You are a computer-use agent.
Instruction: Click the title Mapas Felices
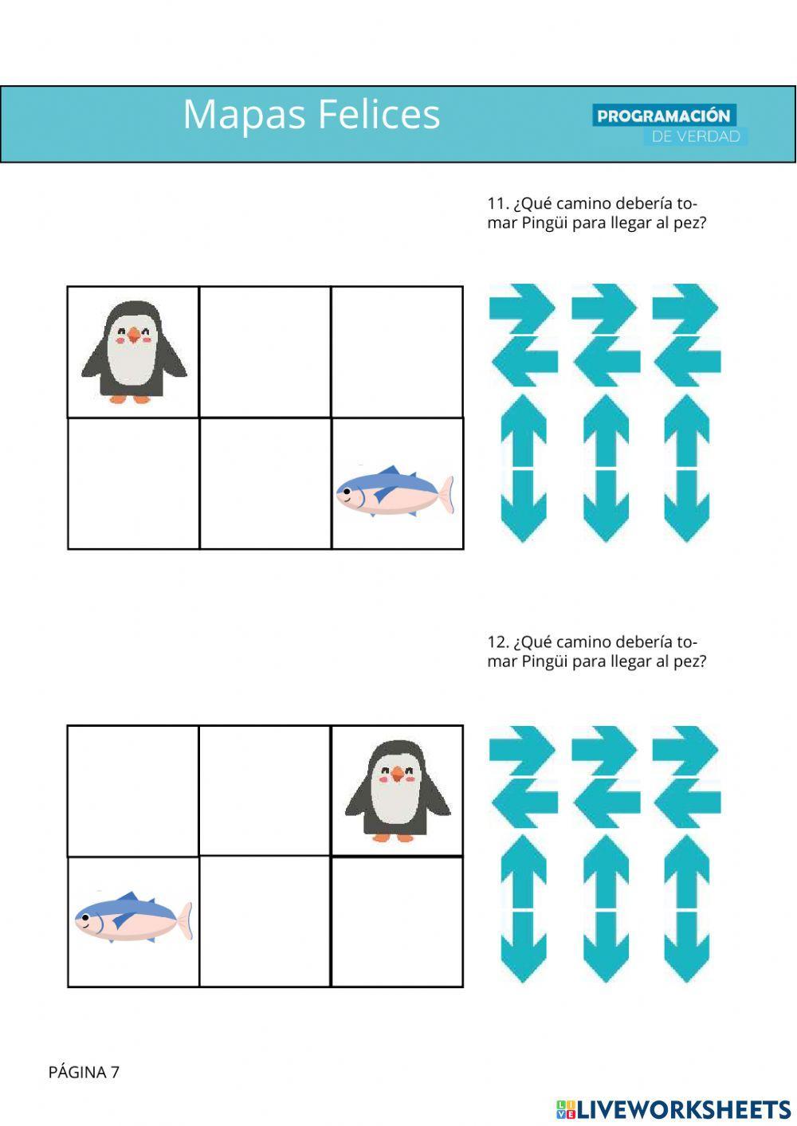(x=311, y=114)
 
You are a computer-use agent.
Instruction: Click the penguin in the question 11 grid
(x=133, y=351)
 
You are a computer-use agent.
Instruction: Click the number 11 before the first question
(x=497, y=203)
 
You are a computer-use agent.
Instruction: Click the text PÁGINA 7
(x=84, y=1072)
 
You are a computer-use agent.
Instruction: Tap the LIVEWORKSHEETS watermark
(x=673, y=1108)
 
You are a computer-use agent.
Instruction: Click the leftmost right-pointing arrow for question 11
(x=522, y=307)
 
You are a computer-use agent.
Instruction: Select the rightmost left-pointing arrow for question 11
(x=687, y=360)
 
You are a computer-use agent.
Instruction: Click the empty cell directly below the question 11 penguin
(x=133, y=484)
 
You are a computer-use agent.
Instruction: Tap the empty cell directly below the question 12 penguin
(x=397, y=922)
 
